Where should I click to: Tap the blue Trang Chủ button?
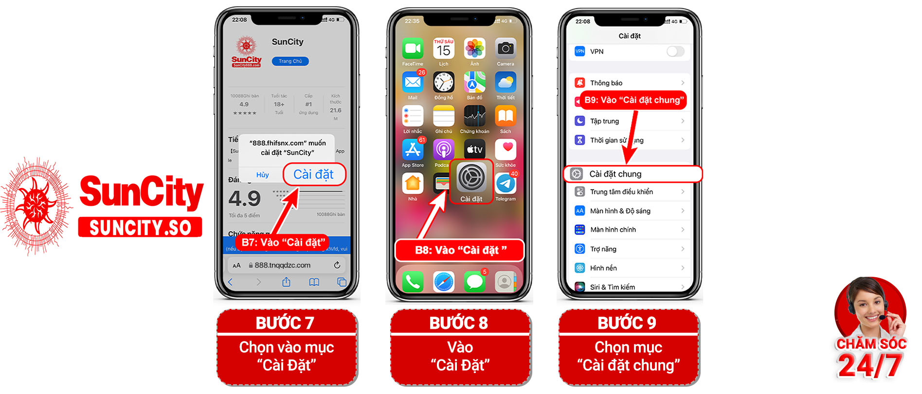point(290,61)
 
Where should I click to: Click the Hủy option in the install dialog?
point(262,175)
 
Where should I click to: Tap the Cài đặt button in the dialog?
point(313,175)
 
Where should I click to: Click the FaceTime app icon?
point(413,49)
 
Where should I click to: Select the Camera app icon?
point(506,49)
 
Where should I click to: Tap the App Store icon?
point(413,150)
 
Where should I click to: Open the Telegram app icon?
point(506,184)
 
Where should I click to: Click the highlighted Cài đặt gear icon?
point(471,178)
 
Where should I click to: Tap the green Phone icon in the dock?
point(413,282)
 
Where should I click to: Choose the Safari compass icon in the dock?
point(444,282)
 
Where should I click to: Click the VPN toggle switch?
point(675,52)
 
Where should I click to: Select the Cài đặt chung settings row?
point(633,174)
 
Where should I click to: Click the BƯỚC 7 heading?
point(285,323)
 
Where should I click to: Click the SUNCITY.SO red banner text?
point(140,228)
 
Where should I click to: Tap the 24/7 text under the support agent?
point(870,366)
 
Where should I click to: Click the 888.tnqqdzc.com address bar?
point(283,266)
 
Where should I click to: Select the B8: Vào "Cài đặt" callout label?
point(460,251)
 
